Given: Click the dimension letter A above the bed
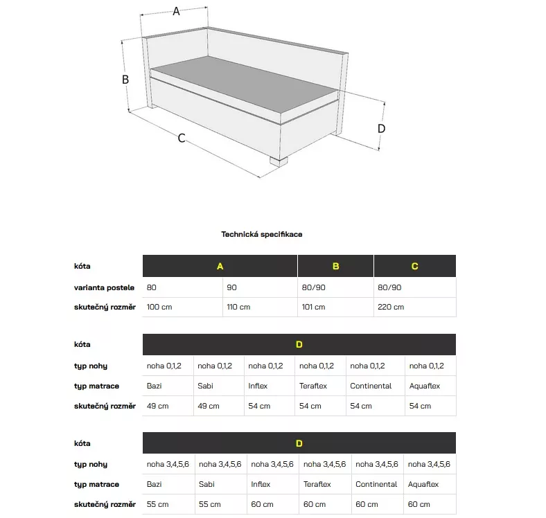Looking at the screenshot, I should click(x=176, y=11).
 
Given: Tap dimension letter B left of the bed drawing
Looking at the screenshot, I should click(x=125, y=80).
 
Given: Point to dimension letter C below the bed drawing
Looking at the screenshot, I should click(x=182, y=138).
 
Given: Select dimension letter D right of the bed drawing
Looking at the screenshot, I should click(x=381, y=128).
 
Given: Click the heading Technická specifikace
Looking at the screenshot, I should click(x=262, y=234).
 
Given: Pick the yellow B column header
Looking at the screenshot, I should click(x=335, y=267).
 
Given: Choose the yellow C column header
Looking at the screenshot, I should click(x=414, y=267).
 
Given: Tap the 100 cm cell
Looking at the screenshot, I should click(x=159, y=307).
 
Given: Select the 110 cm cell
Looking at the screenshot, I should click(x=238, y=307).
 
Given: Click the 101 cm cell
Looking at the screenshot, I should click(x=314, y=307).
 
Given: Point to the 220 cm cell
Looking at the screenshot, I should click(x=391, y=307).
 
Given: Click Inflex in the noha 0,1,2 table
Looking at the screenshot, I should click(x=258, y=386).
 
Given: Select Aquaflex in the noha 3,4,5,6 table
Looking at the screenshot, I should click(x=423, y=484).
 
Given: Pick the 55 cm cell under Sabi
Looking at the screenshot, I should click(x=209, y=504).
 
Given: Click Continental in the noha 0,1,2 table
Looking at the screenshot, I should click(x=371, y=386).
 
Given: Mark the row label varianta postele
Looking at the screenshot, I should click(x=105, y=287).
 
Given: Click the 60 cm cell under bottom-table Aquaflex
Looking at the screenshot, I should click(x=420, y=504).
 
